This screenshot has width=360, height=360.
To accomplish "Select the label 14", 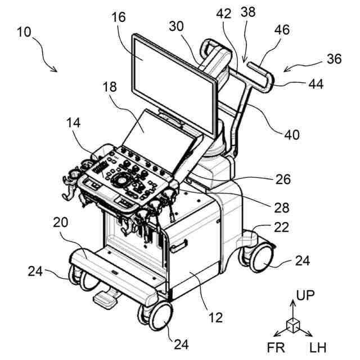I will pyautogui.click(x=74, y=122).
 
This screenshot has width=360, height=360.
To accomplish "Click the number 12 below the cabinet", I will pyautogui.click(x=215, y=318).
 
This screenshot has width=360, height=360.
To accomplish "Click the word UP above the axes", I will pyautogui.click(x=306, y=295).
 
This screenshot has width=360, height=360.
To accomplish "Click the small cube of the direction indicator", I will pyautogui.click(x=292, y=325).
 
